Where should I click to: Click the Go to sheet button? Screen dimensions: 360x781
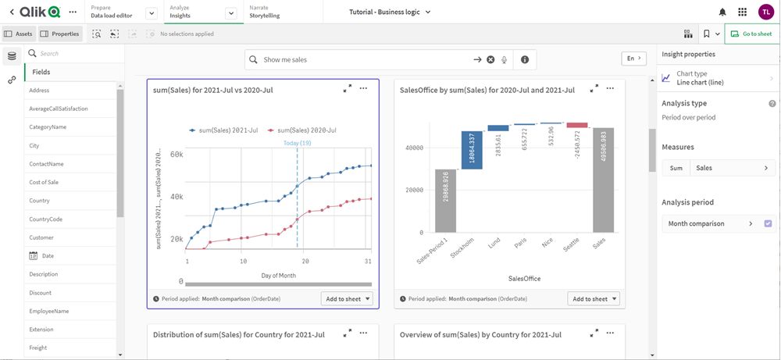tap(751, 34)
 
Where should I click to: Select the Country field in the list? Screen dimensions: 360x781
tap(40, 201)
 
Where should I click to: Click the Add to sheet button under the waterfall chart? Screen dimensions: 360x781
tap(594, 299)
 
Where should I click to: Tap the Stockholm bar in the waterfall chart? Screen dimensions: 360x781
tap(472, 150)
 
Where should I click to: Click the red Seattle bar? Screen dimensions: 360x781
tap(577, 125)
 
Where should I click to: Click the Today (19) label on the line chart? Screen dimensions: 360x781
tap(296, 143)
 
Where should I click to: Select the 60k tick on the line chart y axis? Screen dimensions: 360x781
tap(176, 155)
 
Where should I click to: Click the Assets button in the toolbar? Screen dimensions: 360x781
tap(19, 34)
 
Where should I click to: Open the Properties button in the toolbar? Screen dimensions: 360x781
tap(60, 34)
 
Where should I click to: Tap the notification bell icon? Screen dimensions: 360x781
tap(722, 12)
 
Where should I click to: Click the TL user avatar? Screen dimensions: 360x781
tap(765, 12)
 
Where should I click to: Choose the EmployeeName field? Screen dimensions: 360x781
tap(49, 311)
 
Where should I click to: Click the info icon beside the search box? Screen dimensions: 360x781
tap(525, 59)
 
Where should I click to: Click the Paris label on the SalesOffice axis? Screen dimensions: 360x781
tap(519, 244)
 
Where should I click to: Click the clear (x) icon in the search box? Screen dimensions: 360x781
tap(490, 59)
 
